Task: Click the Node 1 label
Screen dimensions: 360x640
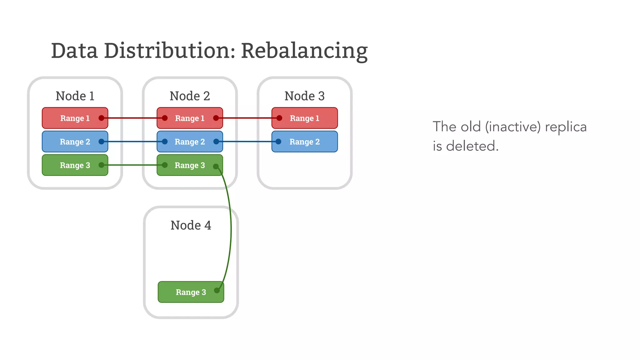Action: tap(75, 96)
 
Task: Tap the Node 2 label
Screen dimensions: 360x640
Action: tap(190, 96)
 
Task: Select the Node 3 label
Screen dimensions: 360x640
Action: tap(304, 96)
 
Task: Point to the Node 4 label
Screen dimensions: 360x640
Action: tap(191, 225)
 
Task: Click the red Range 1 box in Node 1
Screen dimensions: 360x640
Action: tap(75, 118)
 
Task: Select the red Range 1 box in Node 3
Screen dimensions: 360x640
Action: tap(304, 118)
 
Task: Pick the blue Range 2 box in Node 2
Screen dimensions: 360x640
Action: tap(190, 142)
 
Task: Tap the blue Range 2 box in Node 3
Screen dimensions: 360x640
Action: tap(304, 142)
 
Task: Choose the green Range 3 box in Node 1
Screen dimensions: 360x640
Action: tap(75, 165)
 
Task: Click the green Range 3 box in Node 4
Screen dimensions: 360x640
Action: tap(191, 292)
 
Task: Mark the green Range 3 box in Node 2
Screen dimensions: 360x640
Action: tap(190, 165)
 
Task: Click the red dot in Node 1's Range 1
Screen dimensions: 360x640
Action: tap(101, 118)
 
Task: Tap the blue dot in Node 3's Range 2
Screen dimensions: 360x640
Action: tap(278, 142)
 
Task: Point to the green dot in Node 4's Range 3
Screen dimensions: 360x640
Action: tap(217, 291)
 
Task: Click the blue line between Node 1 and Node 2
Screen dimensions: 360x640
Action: tap(133, 142)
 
